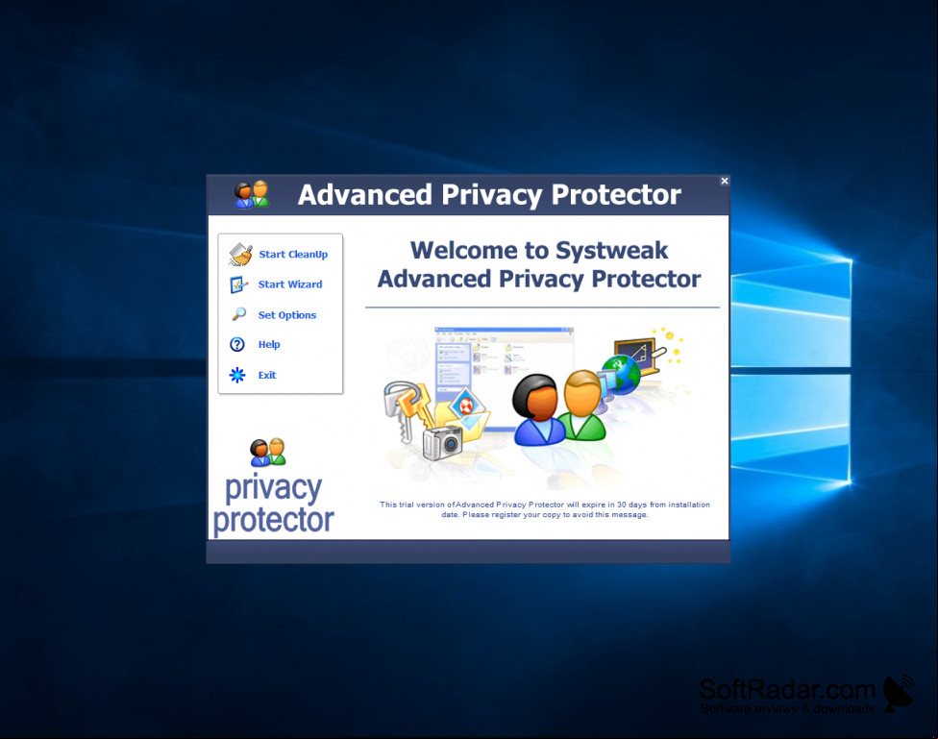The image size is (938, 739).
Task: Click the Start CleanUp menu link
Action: [293, 255]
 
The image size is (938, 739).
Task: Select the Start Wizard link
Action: [290, 284]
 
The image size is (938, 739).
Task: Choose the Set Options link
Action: [287, 315]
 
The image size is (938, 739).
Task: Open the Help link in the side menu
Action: [269, 345]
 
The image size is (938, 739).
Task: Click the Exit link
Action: [267, 375]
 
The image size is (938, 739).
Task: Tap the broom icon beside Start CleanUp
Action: [240, 255]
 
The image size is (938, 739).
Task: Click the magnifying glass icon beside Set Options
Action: [238, 314]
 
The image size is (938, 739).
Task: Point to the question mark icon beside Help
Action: [237, 344]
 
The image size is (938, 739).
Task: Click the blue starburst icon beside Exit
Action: [237, 375]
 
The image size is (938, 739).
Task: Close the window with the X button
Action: [725, 181]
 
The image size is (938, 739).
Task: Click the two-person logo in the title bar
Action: [251, 194]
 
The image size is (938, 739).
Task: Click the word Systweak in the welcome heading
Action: [611, 251]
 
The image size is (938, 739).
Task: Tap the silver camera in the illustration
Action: [443, 443]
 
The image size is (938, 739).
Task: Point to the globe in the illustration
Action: [621, 374]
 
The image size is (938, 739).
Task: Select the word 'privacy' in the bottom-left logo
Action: [273, 488]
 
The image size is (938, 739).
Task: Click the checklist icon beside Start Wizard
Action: [238, 284]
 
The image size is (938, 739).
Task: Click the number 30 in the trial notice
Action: [622, 505]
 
